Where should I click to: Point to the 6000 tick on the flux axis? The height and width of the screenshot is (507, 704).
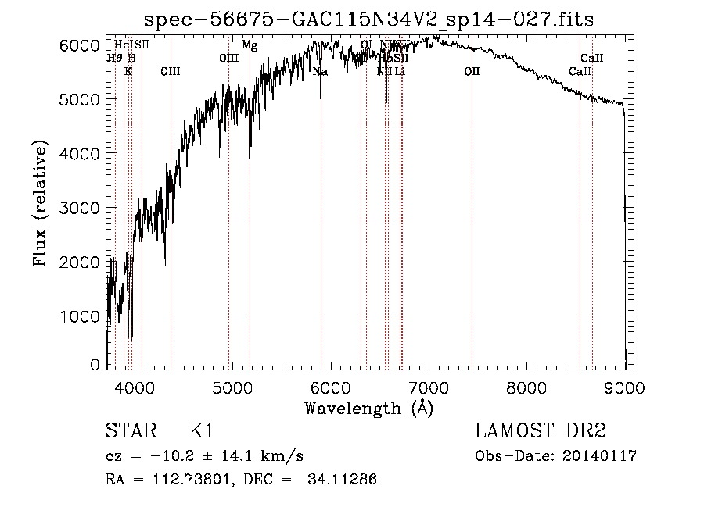coord(81,45)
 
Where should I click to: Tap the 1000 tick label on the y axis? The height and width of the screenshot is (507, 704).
coord(81,316)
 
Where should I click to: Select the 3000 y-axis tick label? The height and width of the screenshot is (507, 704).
coord(81,209)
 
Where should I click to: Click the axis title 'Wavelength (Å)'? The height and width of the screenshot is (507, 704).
coord(368,408)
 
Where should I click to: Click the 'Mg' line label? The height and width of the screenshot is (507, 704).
coord(250,45)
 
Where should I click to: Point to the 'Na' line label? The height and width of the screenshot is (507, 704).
coord(320,72)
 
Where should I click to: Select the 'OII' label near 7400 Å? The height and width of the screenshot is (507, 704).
coord(472,72)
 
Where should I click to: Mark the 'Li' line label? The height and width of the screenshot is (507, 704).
coord(400,72)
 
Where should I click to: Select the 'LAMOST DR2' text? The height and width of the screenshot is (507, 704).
coord(540,431)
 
